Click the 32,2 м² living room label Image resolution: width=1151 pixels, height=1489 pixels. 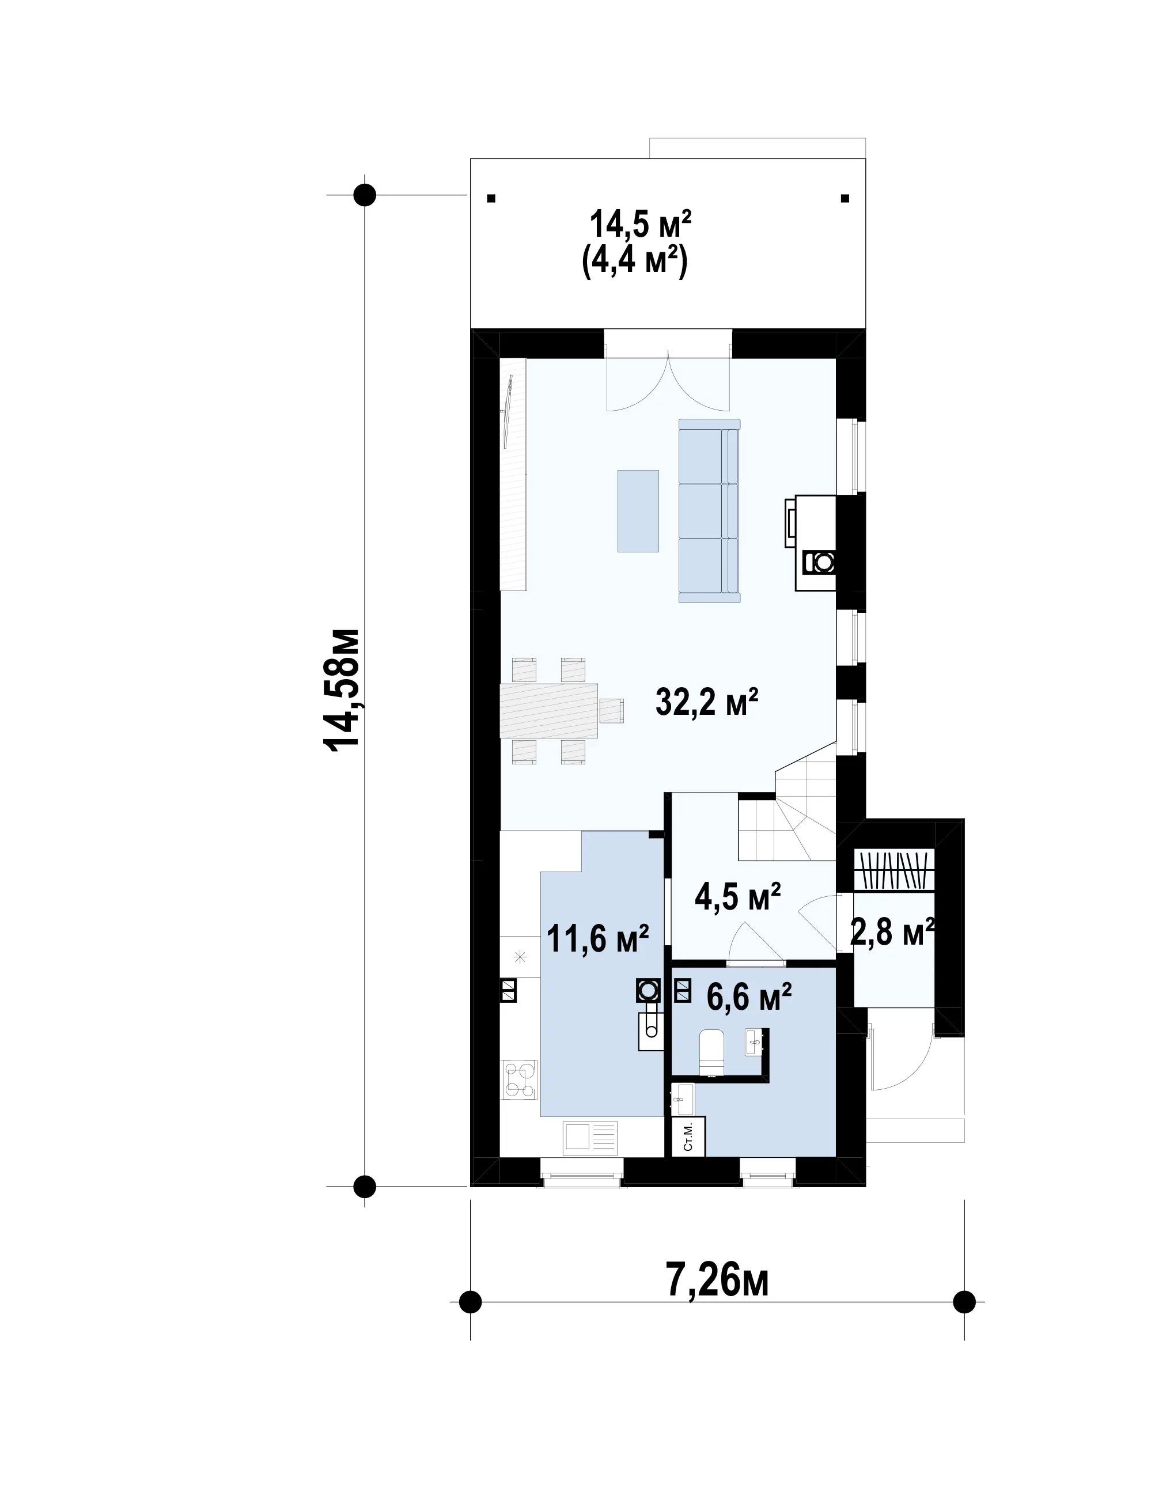pos(706,702)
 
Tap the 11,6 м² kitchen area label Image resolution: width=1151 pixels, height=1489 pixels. pos(597,939)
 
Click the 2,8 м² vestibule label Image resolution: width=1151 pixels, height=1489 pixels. pos(892,932)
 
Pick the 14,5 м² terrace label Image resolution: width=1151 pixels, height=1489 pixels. pos(640,223)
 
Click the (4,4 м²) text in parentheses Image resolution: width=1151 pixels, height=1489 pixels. pos(635,260)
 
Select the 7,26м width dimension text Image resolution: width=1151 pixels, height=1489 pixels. pos(717,1282)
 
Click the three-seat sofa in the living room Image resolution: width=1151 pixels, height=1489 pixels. pos(709,511)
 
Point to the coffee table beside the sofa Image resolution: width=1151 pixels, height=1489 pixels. pos(638,511)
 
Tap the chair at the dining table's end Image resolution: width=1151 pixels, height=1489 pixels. pos(612,710)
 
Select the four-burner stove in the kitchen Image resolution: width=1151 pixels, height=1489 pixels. pos(520,1079)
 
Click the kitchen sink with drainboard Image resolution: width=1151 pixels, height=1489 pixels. pos(590,1137)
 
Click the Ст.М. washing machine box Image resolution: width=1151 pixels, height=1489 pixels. pos(688,1136)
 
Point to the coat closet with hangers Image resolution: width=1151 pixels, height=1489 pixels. pos(894,870)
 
